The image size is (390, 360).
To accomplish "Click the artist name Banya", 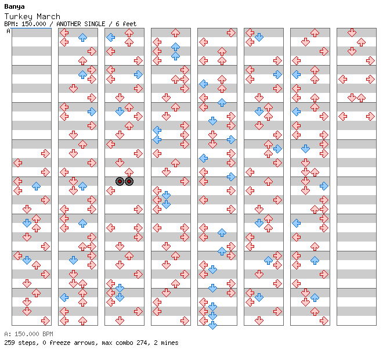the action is pos(14,6).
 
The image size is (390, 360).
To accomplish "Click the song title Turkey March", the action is pos(32,16).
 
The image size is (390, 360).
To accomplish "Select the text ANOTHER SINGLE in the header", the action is pos(81,24).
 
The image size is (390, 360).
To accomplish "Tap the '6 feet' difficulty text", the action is pos(126,24).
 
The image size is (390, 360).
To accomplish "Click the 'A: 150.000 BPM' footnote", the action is pos(28,334).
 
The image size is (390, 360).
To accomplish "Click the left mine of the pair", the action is pos(120,181).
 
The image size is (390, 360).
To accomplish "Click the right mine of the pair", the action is pos(129,181).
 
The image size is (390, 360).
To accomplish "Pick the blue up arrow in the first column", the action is pos(37,186).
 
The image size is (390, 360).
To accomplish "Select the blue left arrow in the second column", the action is pos(64,297).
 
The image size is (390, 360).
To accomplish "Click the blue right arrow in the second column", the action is pos(92,111).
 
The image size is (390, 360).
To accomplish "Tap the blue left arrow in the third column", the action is pos(111,38).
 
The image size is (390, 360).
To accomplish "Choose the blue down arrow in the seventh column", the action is pos(305,149).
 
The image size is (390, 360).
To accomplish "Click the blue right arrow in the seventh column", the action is pos(324,186).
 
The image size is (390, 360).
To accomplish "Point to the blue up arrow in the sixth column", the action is pos(268,260).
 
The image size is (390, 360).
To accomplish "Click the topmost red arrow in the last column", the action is pos(352,33).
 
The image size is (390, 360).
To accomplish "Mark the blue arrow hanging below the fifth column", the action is pos(212,325).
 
